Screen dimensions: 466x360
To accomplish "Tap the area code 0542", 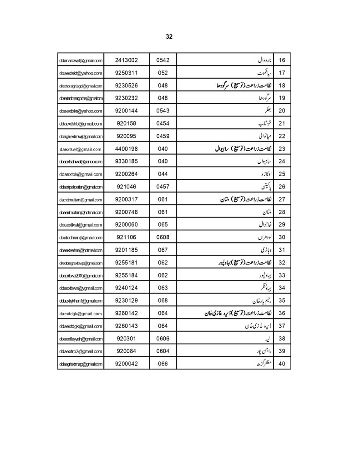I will click(x=162, y=60).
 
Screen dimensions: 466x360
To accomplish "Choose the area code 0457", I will click(x=162, y=187).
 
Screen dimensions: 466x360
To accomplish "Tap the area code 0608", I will click(x=162, y=238).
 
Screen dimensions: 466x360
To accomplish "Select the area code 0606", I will click(x=162, y=339).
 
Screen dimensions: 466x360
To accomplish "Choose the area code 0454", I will click(x=162, y=123).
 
